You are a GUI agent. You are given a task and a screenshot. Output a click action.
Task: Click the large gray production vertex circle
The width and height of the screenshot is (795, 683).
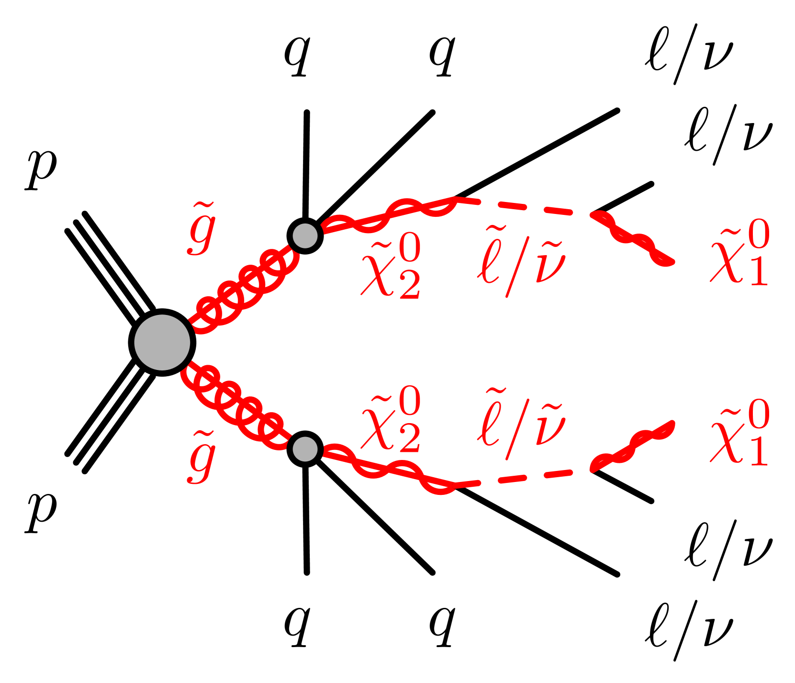(162, 342)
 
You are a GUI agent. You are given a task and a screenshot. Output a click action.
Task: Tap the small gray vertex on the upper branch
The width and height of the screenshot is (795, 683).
(305, 235)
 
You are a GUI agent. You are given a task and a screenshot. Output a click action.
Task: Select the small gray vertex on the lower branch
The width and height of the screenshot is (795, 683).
(305, 449)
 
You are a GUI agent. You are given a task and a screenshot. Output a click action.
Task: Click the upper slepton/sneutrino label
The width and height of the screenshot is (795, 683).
(521, 261)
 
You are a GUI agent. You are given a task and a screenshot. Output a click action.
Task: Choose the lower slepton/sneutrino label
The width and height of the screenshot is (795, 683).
(521, 424)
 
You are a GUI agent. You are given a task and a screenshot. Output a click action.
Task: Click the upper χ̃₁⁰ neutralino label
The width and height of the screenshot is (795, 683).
(740, 254)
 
